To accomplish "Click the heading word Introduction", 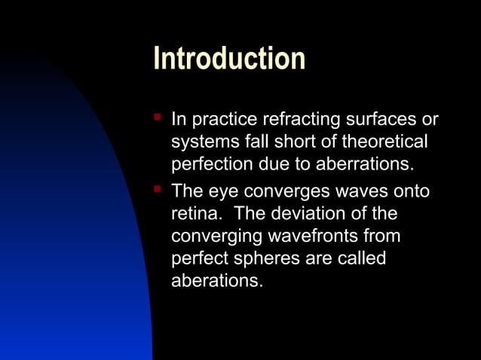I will (229, 58).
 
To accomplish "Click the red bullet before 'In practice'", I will (158, 117).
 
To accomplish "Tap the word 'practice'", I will (225, 120).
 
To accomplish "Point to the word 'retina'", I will (195, 213).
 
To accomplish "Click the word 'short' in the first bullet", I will (300, 142).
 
